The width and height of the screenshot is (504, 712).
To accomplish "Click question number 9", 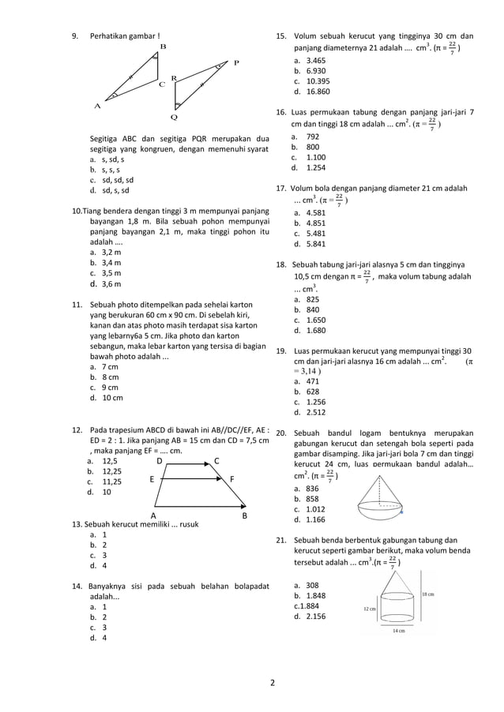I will coord(75,36).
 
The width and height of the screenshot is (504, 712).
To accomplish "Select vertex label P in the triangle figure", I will coord(236,62).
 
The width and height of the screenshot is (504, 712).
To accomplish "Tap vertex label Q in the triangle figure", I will coord(174,117).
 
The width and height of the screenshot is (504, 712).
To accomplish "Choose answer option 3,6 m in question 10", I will coord(111,283).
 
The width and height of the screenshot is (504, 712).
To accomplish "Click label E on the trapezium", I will coord(151,479).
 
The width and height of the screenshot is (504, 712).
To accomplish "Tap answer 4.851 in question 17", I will coord(316,223).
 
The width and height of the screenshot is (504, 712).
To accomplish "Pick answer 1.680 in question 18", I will coord(316,331).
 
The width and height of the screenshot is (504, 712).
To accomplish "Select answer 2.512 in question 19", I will coord(316,412).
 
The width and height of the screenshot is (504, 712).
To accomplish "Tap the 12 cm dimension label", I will coord(370,609).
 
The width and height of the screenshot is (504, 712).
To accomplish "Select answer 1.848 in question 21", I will coord(316,596).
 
